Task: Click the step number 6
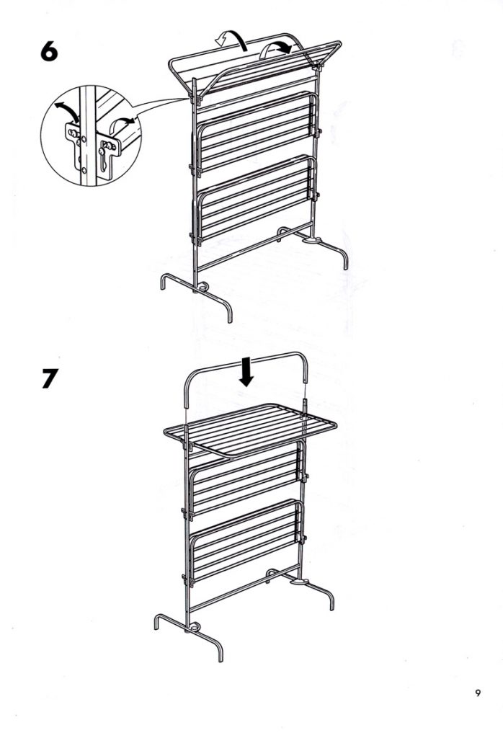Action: coord(49,51)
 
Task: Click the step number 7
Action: coord(50,378)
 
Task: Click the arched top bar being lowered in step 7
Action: coord(245,359)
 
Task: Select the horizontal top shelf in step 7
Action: coord(250,429)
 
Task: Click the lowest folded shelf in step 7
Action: coord(244,542)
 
